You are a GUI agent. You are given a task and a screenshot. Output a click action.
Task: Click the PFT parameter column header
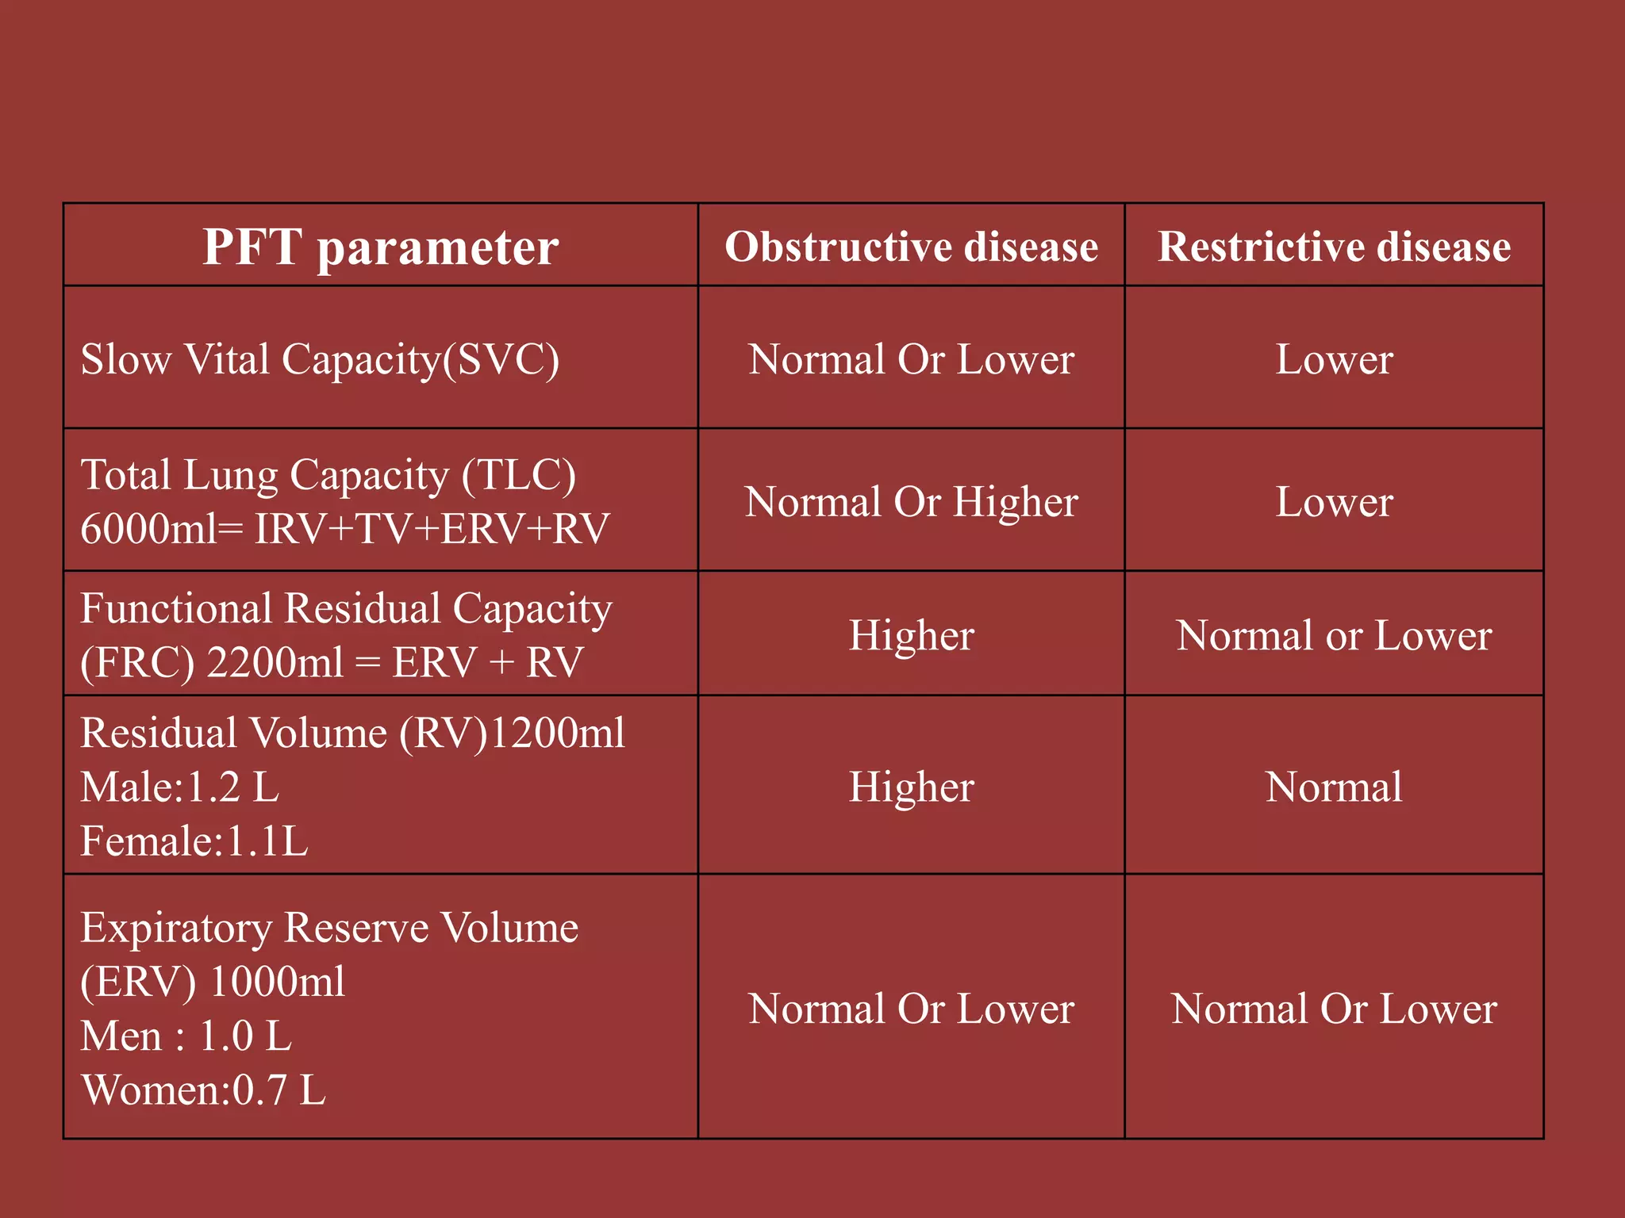point(380,247)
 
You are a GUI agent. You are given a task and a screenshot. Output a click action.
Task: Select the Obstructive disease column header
point(911,247)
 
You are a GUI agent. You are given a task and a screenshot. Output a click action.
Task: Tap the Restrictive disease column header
point(1334,247)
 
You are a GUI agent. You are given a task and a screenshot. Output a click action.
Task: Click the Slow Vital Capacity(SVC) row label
point(320,359)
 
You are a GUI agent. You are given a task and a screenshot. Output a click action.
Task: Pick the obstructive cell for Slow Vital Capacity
point(911,359)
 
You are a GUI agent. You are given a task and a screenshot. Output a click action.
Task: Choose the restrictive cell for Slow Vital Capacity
point(1334,359)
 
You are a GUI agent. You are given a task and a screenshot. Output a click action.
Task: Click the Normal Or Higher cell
point(911,502)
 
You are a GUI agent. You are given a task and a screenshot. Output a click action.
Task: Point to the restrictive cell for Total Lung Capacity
point(1334,502)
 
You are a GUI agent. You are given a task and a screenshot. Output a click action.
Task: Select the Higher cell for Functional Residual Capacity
point(911,635)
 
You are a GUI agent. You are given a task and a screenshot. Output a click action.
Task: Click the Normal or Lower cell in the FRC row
point(1334,635)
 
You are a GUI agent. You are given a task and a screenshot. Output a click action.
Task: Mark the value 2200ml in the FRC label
point(275,662)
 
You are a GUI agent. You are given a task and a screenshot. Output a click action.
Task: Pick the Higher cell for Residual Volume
point(911,787)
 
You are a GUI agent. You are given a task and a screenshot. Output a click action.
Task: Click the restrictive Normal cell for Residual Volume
point(1334,787)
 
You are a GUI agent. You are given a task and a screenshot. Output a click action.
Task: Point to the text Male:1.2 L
point(180,787)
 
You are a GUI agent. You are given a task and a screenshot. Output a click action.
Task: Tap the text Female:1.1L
point(194,841)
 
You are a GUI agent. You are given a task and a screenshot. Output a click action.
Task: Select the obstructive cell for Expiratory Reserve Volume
point(911,1009)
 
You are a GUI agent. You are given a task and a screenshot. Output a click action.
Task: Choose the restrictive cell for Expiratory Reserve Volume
point(1334,1009)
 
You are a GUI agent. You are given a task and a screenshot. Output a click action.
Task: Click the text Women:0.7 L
point(203,1090)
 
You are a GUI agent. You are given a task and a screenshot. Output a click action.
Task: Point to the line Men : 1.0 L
point(186,1036)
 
